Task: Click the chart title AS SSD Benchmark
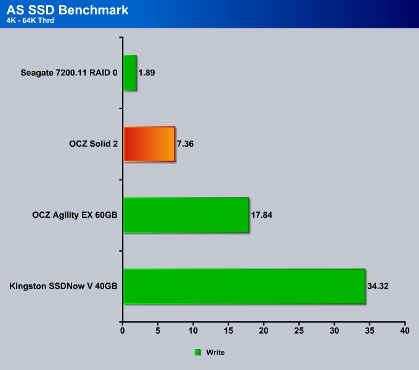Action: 67,10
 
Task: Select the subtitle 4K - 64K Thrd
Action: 30,20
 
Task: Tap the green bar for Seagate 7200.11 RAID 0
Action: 130,73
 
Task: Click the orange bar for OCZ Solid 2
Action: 149,144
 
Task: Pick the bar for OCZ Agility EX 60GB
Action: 186,215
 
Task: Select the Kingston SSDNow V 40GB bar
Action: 245,286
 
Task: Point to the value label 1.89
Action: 147,73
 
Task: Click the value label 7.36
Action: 185,144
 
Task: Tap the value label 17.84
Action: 262,215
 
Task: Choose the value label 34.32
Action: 378,286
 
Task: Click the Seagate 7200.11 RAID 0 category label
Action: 69,73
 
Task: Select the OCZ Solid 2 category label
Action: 93,144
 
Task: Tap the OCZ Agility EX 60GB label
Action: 75,215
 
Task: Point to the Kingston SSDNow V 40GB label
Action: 63,286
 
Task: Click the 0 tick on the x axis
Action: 123,331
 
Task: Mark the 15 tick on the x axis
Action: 228,331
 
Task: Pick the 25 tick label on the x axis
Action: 299,331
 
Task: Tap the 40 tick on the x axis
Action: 405,331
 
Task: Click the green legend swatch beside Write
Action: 197,352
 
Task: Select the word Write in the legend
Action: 216,352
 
